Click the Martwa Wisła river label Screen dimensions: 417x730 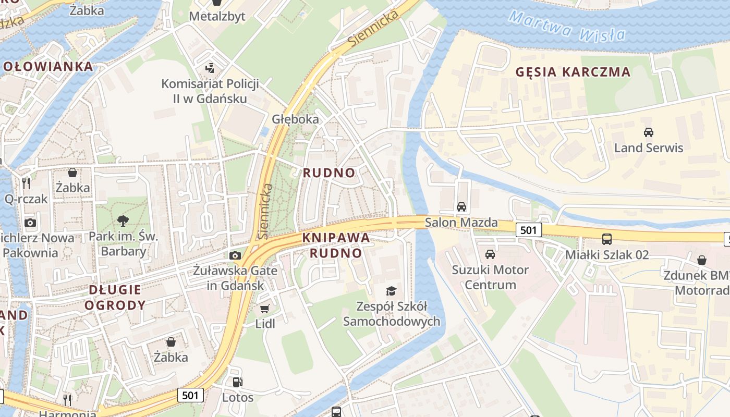point(567,26)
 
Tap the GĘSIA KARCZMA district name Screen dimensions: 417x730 point(573,72)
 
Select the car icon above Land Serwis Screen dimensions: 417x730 point(648,132)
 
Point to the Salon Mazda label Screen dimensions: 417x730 point(461,223)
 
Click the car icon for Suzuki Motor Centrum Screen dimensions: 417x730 point(490,254)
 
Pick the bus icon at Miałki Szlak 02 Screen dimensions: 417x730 point(607,239)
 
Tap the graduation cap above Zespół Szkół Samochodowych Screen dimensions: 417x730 point(391,291)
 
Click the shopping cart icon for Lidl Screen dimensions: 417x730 point(265,309)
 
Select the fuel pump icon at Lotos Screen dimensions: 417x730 point(237,382)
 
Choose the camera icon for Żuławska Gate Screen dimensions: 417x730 point(235,255)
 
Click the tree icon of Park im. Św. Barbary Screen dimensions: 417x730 point(123,221)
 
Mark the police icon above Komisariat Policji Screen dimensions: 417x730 point(210,68)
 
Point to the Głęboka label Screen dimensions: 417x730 point(295,119)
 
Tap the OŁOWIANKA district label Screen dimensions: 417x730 point(48,67)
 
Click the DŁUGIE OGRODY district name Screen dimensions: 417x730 point(115,298)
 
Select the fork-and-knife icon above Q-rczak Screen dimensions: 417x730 point(26,183)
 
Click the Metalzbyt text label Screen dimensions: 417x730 point(217,16)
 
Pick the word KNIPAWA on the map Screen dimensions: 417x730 point(336,238)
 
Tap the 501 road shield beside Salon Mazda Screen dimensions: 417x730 point(529,230)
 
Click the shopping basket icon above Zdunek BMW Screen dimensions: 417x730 point(702,260)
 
